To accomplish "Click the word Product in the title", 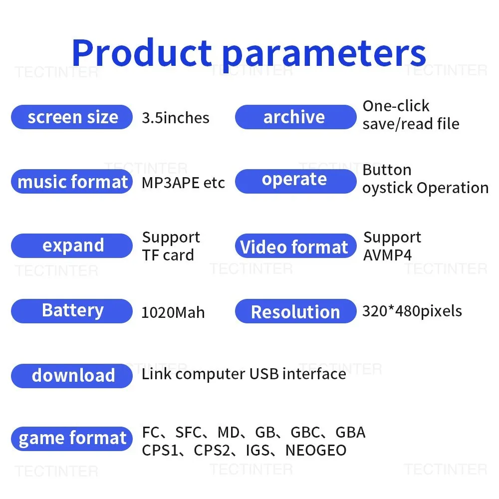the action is tap(142, 52).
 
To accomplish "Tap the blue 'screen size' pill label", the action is tap(72, 117).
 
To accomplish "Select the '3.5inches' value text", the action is tap(176, 118).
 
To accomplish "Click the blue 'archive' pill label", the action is tap(295, 117).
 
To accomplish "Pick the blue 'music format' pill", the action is tap(72, 182).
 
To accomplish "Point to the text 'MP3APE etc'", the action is tap(183, 183).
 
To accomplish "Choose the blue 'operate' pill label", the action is tap(295, 182).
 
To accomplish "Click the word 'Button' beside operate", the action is tap(387, 170).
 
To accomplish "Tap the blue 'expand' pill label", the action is tap(72, 246).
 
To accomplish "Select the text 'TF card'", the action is tap(168, 255).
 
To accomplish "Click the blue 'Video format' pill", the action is tap(295, 246).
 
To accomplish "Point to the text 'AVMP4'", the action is tap(388, 255).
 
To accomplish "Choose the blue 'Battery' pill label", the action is tap(72, 311).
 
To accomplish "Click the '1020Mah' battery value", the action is tap(173, 312).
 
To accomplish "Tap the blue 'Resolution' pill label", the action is tap(295, 311).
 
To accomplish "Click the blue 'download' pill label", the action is tap(72, 376).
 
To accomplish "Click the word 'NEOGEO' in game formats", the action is tap(316, 450).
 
